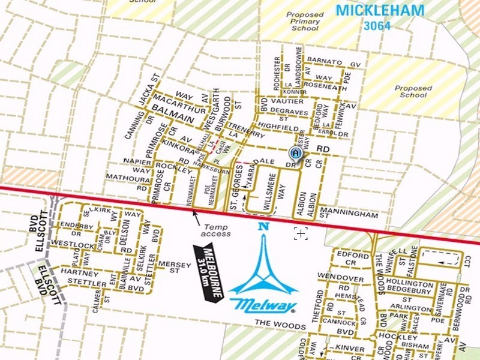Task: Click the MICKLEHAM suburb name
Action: click(x=379, y=11)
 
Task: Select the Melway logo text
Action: click(x=263, y=305)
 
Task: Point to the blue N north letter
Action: click(x=263, y=227)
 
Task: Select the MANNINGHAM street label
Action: click(x=349, y=214)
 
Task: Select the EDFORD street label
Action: click(x=349, y=255)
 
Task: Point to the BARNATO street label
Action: click(x=325, y=62)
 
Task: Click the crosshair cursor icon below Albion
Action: click(x=301, y=234)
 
